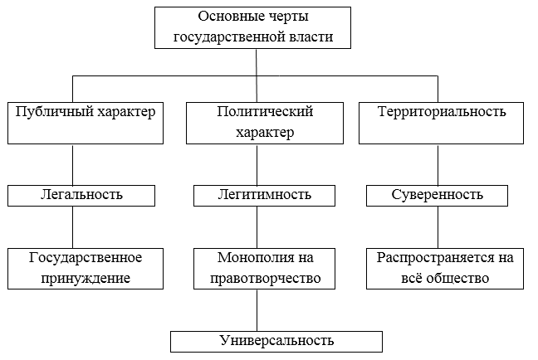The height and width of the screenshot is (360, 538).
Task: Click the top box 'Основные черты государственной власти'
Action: tap(257, 27)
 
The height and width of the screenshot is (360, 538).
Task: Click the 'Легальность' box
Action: tap(81, 195)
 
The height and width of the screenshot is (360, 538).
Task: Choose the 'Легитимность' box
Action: tap(265, 195)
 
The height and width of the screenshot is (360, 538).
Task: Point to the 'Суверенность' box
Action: tap(438, 195)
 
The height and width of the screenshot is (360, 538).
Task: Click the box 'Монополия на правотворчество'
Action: tap(265, 266)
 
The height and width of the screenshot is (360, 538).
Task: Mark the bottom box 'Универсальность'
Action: tap(277, 341)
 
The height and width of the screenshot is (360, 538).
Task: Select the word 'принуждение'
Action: tap(85, 277)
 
